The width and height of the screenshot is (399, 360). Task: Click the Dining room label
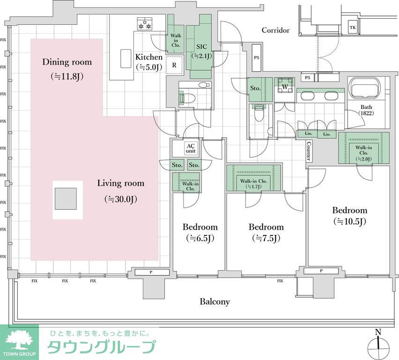tap(67, 62)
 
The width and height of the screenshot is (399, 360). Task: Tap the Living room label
tap(120, 183)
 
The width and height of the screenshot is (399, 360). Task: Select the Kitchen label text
tap(149, 57)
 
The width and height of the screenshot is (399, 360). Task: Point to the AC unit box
tap(190, 148)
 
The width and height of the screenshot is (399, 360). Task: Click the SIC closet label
tap(202, 47)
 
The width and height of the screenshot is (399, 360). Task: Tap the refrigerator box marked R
tap(174, 65)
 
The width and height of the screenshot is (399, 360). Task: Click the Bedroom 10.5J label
tap(349, 210)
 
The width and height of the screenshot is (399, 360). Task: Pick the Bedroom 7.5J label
tap(266, 227)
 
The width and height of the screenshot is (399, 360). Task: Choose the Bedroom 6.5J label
tap(200, 227)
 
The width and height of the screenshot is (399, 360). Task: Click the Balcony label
tap(215, 302)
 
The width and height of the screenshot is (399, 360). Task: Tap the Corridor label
tap(275, 30)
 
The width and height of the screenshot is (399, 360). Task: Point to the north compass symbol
tap(379, 345)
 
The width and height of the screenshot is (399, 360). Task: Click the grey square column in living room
tap(65, 199)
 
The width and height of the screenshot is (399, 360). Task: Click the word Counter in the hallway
tap(309, 150)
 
